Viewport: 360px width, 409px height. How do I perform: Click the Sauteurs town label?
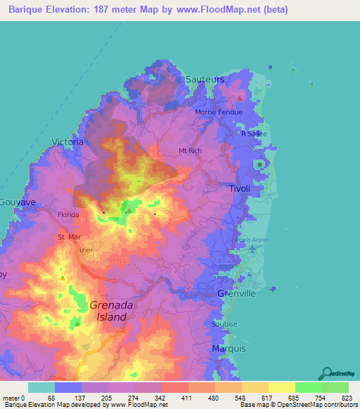click(x=205, y=79)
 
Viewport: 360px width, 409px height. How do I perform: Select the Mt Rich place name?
click(x=191, y=150)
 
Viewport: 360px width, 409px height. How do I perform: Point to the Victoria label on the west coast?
click(x=67, y=142)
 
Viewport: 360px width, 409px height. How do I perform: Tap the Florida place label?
click(x=68, y=214)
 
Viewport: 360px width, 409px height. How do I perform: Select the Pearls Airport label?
click(x=255, y=240)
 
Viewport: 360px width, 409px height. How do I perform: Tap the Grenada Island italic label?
click(x=108, y=311)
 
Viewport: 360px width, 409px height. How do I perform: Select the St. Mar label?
click(x=70, y=238)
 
